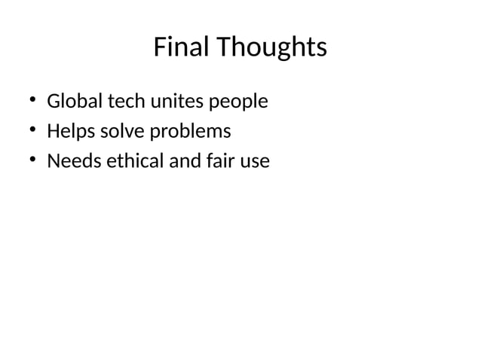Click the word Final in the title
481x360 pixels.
click(x=182, y=47)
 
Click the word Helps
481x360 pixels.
click(x=69, y=132)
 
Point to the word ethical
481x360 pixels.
click(x=129, y=161)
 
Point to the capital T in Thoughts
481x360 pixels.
click(x=225, y=47)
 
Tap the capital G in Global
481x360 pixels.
click(x=54, y=100)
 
